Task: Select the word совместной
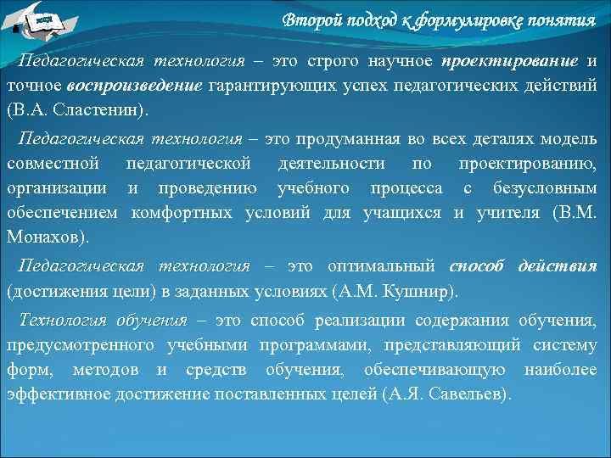53,163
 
